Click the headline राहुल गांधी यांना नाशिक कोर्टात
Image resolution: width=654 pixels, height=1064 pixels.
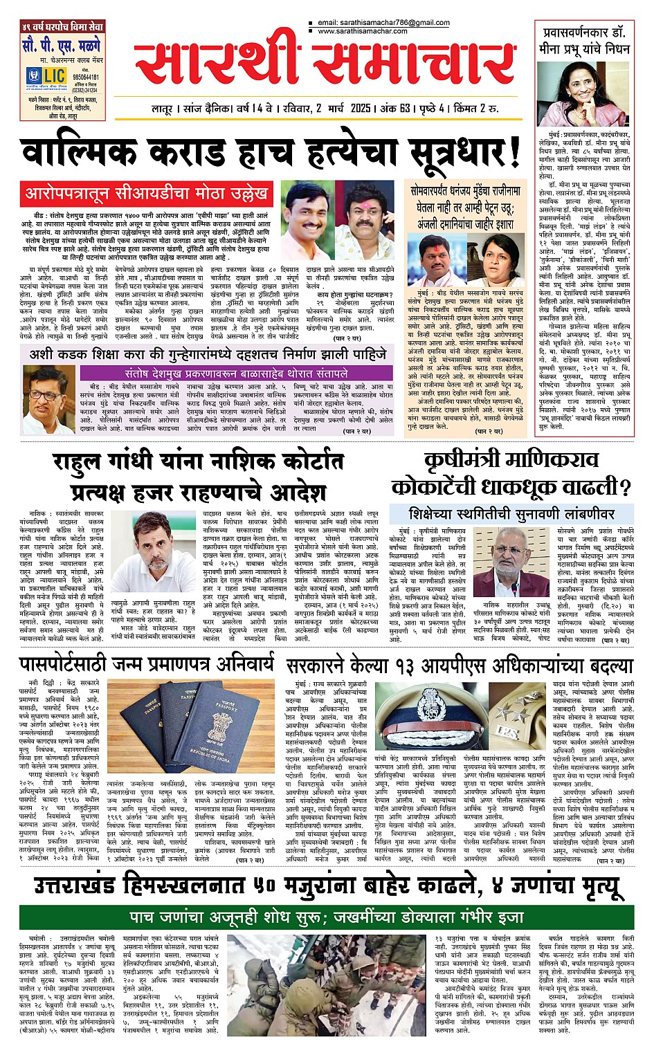point(197,462)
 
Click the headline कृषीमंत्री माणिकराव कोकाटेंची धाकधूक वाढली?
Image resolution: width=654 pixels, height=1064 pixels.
point(511,473)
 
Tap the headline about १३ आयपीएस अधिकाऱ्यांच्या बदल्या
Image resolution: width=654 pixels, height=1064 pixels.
point(460,666)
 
